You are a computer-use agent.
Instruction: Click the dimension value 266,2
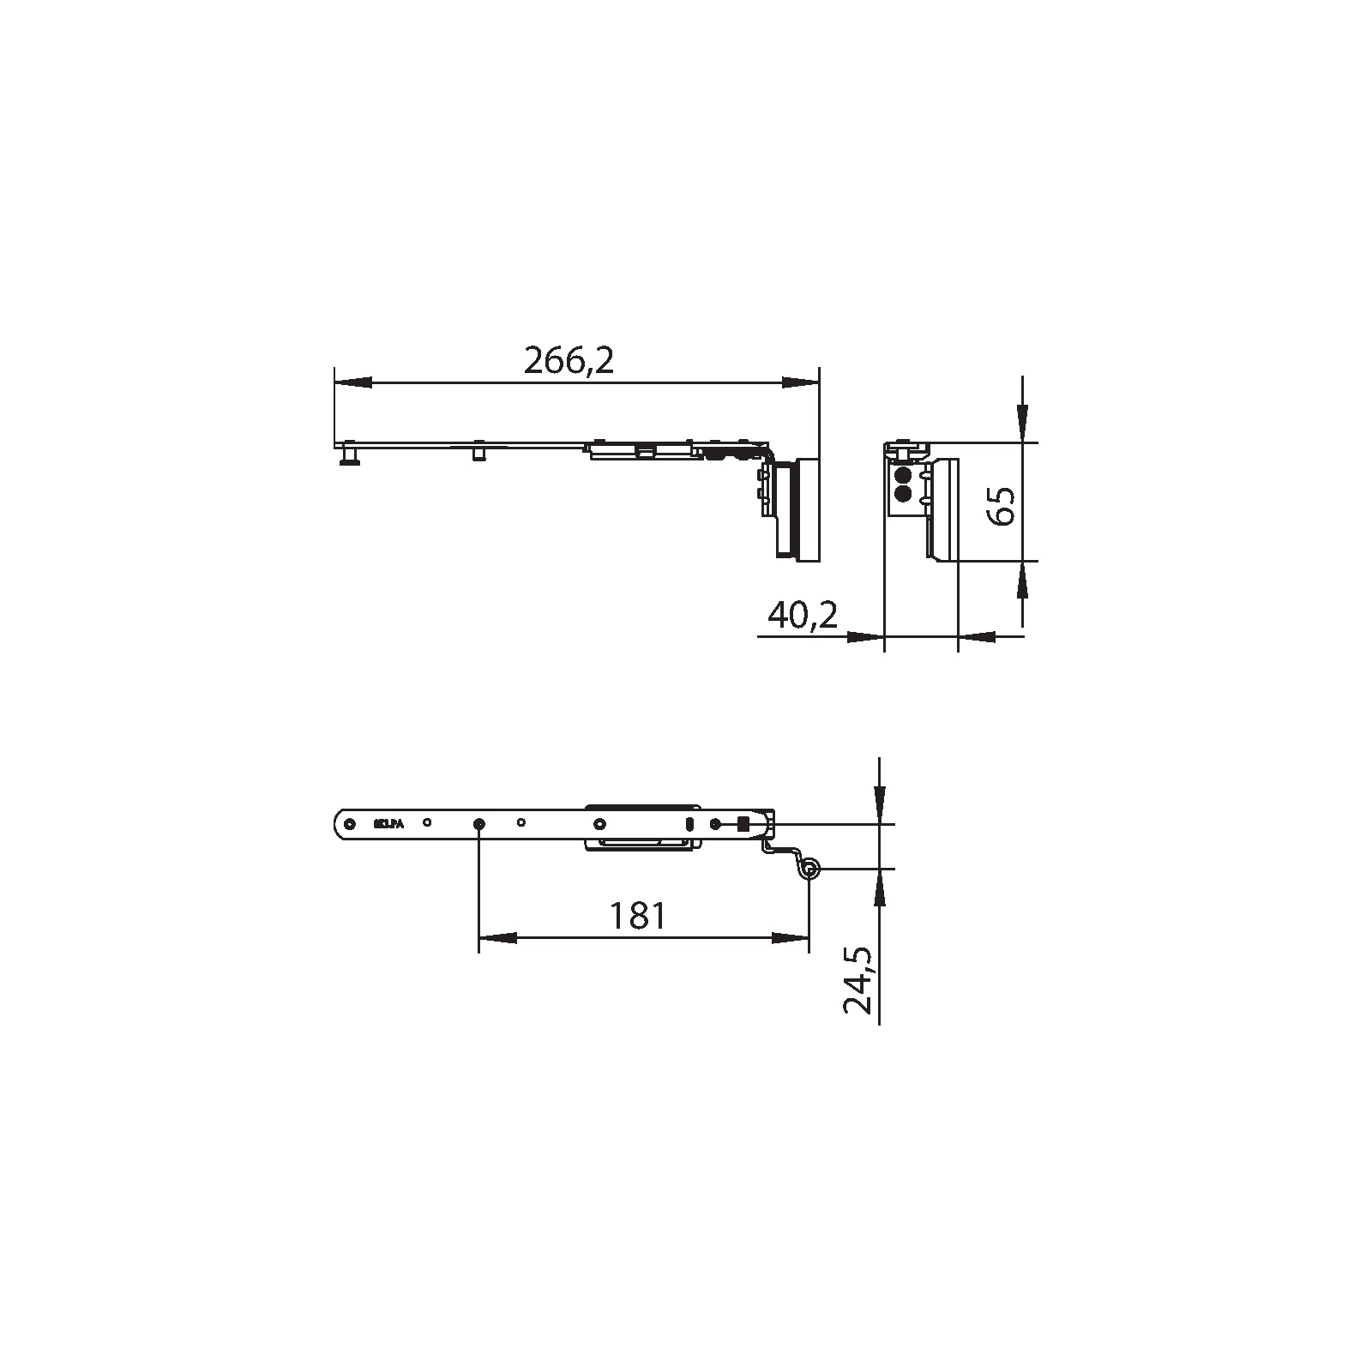point(569,362)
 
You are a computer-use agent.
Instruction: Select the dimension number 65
point(1002,505)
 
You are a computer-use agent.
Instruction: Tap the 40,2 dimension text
point(803,614)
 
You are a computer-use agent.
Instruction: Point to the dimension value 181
point(637,917)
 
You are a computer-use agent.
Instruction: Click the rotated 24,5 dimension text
point(857,981)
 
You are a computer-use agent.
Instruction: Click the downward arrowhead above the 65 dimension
point(1022,424)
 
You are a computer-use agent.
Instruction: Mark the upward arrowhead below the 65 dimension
point(1022,581)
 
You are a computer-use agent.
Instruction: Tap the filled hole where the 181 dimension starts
point(478,824)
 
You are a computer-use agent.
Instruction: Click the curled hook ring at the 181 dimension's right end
point(809,871)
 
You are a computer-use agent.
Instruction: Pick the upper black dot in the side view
point(901,476)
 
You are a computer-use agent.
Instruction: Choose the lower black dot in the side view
point(901,494)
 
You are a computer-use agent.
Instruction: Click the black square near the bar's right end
point(743,824)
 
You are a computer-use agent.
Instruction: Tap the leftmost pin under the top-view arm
point(350,454)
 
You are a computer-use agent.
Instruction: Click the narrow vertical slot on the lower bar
point(689,824)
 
